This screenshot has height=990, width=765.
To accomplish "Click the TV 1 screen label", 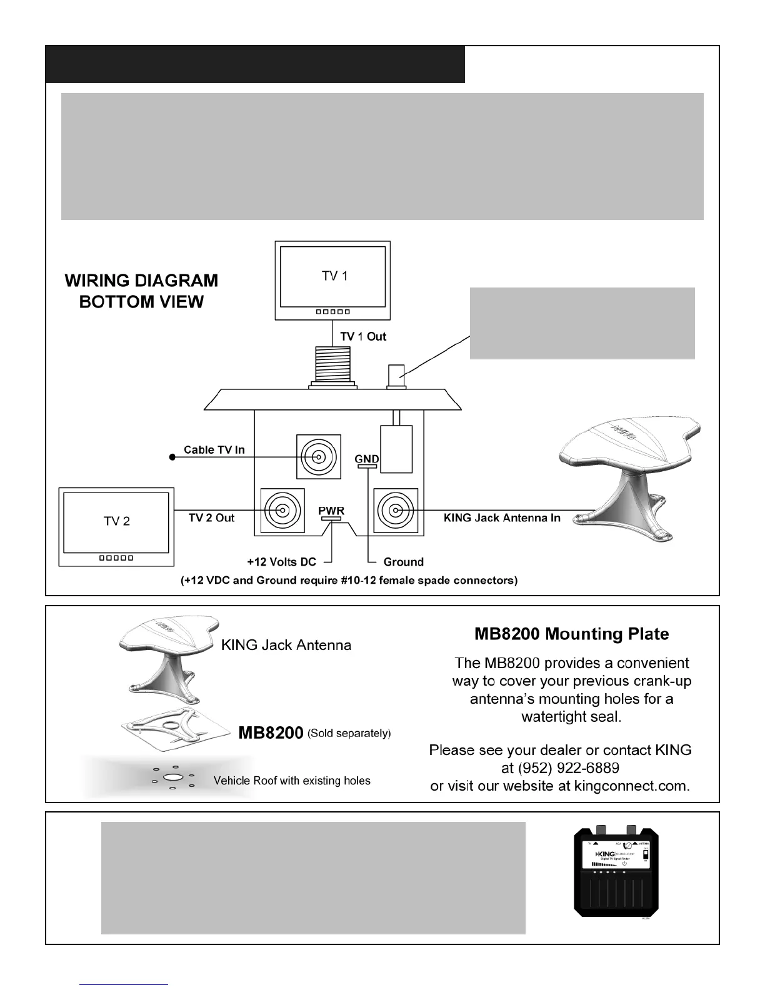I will tap(334, 276).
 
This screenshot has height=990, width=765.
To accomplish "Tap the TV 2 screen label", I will tap(116, 521).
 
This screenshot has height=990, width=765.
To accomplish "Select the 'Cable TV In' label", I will tap(214, 450).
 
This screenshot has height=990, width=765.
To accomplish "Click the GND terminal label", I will tap(366, 459).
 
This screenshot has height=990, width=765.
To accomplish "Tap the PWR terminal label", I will tap(331, 511).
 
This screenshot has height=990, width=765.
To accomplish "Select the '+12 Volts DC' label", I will tap(281, 562).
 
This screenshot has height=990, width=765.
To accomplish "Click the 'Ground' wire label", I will tap(403, 562).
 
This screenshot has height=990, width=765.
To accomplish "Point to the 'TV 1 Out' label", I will tap(363, 336).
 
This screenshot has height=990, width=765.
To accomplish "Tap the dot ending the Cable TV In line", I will tap(172, 457).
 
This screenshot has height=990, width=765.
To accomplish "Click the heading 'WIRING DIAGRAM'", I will tap(141, 281).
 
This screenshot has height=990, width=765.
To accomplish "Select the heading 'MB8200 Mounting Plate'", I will tap(571, 634).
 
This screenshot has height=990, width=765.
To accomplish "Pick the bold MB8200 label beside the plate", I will tap(271, 732).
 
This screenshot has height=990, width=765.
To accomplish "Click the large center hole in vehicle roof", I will tap(172, 777).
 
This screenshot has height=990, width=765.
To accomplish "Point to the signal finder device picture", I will tap(616, 873).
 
